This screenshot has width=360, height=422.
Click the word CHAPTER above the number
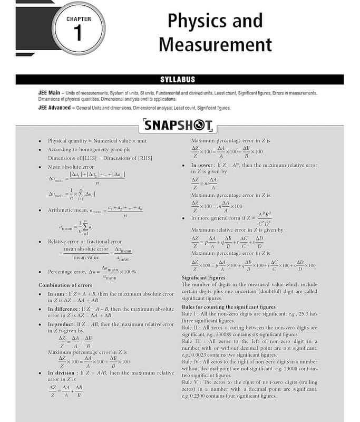pyautogui.click(x=79, y=19)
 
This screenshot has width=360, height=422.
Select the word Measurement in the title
pyautogui.click(x=215, y=44)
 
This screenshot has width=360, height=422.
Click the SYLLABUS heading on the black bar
pyautogui.click(x=178, y=80)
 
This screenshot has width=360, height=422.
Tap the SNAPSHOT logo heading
pyautogui.click(x=178, y=126)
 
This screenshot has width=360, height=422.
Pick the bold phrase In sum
pyautogui.click(x=57, y=293)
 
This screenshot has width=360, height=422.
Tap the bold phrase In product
pyautogui.click(x=61, y=324)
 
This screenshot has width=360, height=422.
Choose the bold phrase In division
pyautogui.click(x=62, y=372)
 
